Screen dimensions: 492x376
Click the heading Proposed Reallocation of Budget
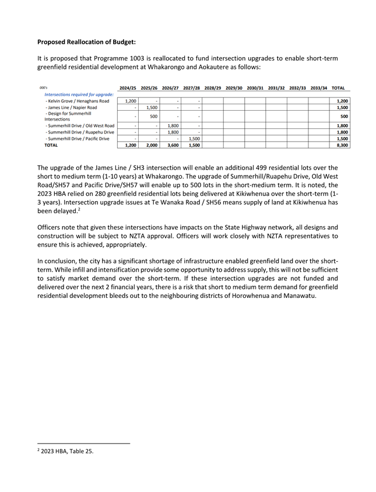(86, 42)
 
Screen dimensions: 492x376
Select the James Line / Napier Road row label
(71, 108)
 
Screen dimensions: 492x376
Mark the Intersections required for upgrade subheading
(79, 94)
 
